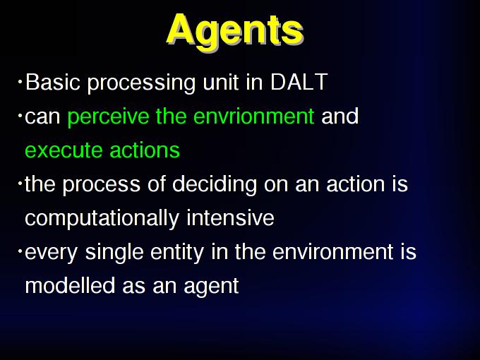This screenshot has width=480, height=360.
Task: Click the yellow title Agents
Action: pos(235,31)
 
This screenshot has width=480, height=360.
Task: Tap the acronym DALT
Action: pos(299,82)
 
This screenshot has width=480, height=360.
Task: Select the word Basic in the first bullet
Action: pos(53,82)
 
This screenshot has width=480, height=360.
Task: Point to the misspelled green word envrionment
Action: pos(254,116)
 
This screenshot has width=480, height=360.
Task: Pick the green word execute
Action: pos(64,150)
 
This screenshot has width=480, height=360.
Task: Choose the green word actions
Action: pos(145,150)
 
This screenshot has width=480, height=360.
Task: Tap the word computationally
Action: pos(102,219)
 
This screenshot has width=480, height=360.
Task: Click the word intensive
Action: pos(230,217)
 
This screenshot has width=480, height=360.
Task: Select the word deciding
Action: pos(215,185)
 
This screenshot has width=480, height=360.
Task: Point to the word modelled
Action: pos(70,286)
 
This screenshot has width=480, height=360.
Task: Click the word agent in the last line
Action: pos(211,287)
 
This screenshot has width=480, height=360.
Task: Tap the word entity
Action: pos(177,253)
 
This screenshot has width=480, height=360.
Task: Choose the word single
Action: pos(114,253)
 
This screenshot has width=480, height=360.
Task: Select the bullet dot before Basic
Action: pos(20,82)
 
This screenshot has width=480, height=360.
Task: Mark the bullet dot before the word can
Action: pos(20,116)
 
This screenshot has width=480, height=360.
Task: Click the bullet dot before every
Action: pos(20,251)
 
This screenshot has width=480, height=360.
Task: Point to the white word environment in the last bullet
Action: pos(332,252)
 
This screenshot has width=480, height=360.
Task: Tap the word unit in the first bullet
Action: pos(220,82)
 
